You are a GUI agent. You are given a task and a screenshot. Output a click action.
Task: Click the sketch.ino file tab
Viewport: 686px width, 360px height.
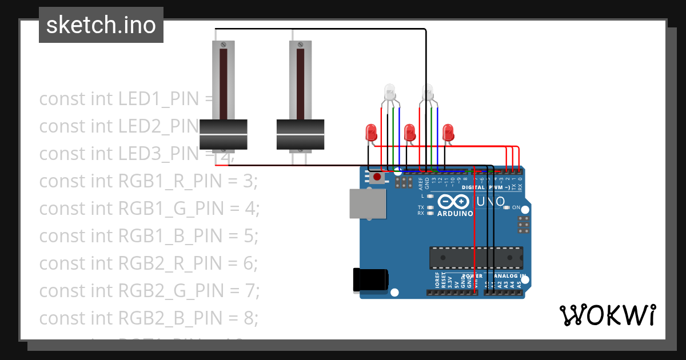pos(101,25)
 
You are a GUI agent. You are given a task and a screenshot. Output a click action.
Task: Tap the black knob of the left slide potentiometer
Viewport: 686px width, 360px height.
pos(223,134)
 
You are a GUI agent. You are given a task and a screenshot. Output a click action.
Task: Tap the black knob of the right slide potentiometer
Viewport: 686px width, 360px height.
pos(300,134)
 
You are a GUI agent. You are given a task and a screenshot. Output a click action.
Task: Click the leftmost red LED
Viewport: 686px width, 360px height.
pos(370,133)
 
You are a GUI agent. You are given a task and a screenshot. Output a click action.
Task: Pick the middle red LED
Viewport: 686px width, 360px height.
pos(409,133)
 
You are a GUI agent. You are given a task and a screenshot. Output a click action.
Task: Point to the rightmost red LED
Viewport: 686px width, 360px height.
pos(449,133)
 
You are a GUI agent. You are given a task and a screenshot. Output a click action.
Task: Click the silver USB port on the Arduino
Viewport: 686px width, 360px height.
pos(368,203)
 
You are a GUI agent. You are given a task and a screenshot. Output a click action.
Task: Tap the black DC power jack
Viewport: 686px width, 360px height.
pos(370,279)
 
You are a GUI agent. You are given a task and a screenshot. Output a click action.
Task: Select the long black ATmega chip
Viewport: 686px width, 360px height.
pos(476,258)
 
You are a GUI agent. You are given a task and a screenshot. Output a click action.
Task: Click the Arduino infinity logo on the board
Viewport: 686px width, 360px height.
pos(455,202)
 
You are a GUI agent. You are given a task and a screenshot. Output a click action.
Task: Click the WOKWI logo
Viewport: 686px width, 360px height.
pos(607,315)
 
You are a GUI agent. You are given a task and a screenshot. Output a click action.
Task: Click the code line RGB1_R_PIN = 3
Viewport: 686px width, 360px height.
pos(149,181)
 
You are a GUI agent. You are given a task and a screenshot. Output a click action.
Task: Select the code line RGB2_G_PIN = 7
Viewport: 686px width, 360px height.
pos(149,291)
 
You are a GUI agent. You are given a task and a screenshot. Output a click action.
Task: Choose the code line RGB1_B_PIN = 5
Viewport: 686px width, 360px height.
pos(149,236)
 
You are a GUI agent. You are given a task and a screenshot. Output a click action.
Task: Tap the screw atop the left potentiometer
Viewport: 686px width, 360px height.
pos(223,44)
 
